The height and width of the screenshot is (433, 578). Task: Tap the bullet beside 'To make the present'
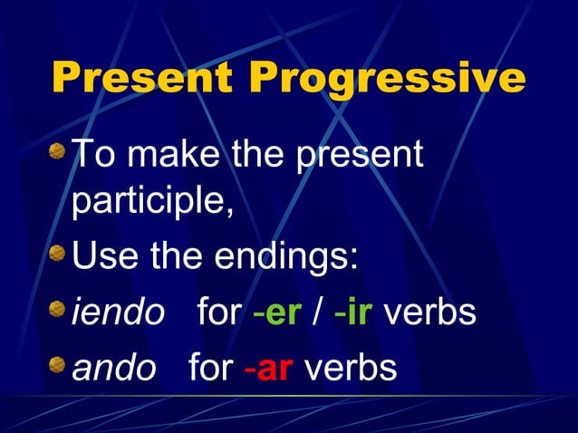pos(58,149)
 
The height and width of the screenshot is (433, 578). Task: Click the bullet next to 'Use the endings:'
pos(58,254)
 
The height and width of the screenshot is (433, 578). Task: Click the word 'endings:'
pos(287,256)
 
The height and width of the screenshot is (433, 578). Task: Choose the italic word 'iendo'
pos(118,313)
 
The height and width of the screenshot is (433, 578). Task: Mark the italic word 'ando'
pos(113,368)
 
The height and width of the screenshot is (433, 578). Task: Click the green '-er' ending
pos(277,313)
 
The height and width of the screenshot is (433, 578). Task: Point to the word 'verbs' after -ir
pos(430,313)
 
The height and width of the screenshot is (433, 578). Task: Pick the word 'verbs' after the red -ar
pos(351,368)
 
